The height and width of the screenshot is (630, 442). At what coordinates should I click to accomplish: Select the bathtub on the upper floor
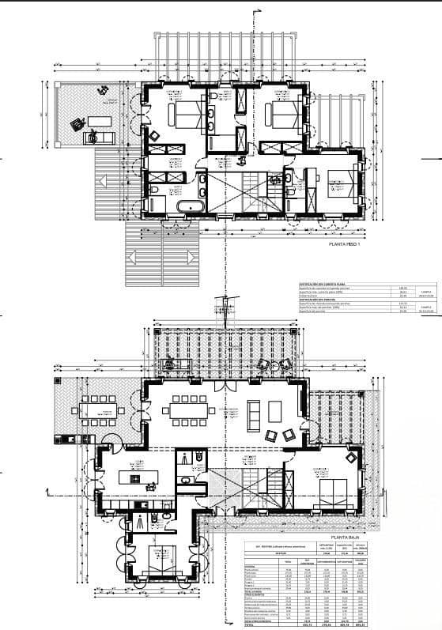point(190,207)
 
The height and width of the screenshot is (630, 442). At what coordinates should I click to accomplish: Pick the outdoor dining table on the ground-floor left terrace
point(98,409)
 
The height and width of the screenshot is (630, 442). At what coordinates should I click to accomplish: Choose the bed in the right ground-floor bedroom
point(332,485)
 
